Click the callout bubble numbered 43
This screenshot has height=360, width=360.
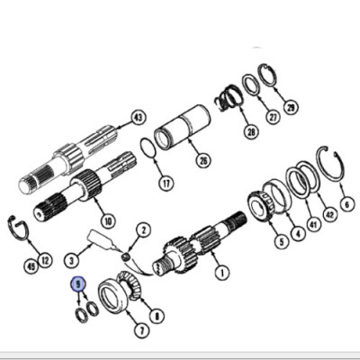click(139, 118)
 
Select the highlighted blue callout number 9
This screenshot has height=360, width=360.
click(78, 283)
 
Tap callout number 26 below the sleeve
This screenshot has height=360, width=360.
click(203, 160)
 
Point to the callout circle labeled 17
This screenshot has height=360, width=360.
click(166, 183)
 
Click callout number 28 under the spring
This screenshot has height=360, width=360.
click(251, 131)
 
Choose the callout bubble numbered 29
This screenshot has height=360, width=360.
click(291, 107)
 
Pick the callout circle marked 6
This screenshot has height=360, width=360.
click(347, 204)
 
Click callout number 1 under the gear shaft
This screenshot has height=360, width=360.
click(222, 273)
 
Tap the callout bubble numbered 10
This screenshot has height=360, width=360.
click(108, 221)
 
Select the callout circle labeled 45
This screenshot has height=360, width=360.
click(31, 265)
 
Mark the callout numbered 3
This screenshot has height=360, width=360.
click(72, 260)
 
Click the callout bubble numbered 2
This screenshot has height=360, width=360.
click(144, 230)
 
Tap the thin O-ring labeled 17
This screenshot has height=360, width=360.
click(148, 148)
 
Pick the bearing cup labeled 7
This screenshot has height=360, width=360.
click(112, 297)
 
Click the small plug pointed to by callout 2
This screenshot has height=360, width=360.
click(127, 256)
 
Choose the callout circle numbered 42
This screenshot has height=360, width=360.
click(329, 214)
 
